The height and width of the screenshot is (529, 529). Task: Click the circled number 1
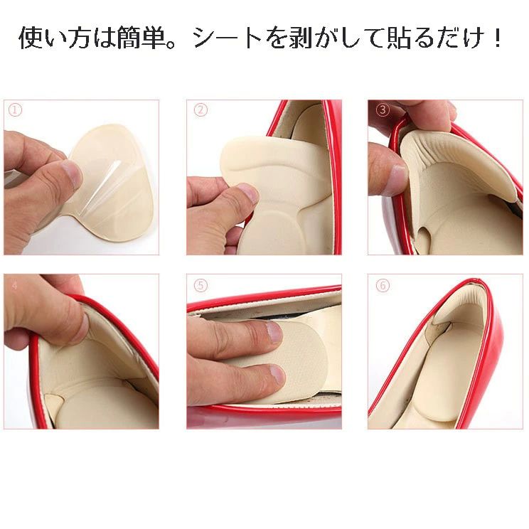click(x=15, y=110)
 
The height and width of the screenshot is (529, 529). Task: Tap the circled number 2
click(x=201, y=110)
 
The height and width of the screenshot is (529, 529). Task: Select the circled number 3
click(x=383, y=110)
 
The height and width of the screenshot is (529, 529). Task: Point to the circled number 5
click(x=201, y=285)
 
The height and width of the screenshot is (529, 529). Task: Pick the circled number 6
click(x=383, y=285)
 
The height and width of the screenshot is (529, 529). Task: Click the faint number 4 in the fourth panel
click(x=14, y=286)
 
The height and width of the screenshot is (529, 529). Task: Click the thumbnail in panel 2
click(x=249, y=194)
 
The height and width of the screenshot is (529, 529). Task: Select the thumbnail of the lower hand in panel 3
click(x=398, y=174)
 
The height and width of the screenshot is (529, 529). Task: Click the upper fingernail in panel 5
click(x=274, y=333)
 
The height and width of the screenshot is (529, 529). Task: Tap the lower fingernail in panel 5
click(x=278, y=375)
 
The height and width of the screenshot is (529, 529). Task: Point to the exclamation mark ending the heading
click(x=498, y=38)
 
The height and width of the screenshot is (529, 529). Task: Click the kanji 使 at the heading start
click(x=31, y=38)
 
